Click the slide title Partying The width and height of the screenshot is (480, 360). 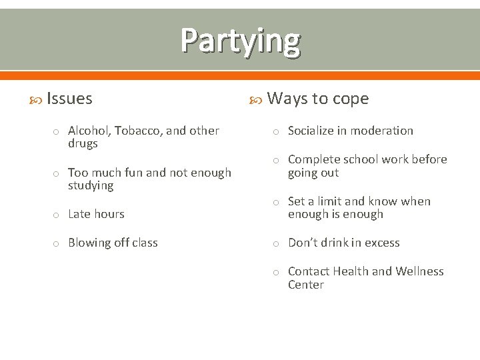click(240, 40)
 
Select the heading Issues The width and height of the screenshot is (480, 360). click(69, 99)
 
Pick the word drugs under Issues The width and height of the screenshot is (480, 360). click(83, 144)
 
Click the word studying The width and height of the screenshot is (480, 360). click(91, 186)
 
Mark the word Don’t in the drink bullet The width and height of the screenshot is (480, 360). click(303, 243)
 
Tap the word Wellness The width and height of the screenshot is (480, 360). click(419, 271)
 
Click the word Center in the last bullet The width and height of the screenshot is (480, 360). click(305, 285)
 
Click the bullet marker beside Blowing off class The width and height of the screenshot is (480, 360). click(57, 243)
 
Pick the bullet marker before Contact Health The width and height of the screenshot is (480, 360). click(277, 272)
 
